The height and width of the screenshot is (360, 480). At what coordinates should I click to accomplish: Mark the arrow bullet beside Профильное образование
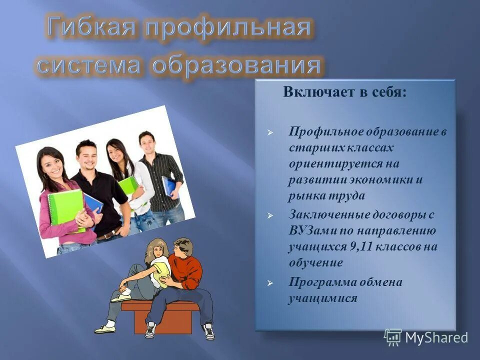[x=270, y=133]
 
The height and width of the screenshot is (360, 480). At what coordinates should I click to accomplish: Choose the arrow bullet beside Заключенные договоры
[x=270, y=215]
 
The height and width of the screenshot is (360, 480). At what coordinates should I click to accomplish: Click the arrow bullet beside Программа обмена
[x=270, y=283]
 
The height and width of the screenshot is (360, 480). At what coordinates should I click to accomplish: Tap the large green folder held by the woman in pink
[x=64, y=207]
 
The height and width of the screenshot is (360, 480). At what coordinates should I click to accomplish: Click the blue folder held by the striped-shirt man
[x=168, y=186]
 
